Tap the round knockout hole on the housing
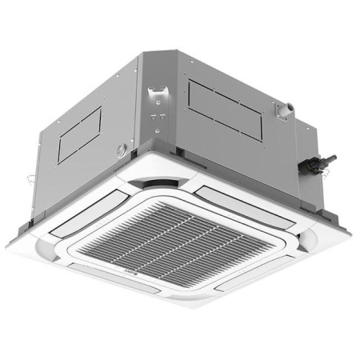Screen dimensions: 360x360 coord(121,149)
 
